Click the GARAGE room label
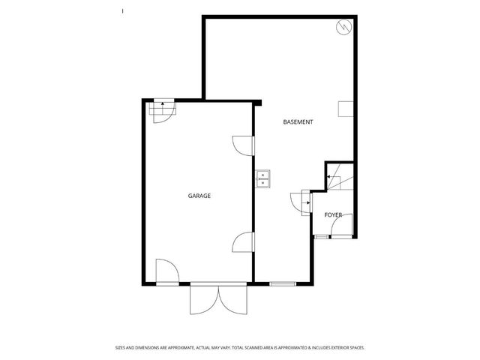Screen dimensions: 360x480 pos(199,196)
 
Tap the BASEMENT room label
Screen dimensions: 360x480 pos(298,121)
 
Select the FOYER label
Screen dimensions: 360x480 pos(333,215)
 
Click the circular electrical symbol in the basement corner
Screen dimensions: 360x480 pos(343,28)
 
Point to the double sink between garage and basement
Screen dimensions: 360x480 pos(263,178)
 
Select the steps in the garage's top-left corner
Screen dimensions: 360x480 pos(160,112)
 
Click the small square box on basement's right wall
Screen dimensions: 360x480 pos(344,109)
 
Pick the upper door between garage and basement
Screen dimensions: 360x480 pos(244,144)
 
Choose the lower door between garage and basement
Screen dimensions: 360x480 pos(244,241)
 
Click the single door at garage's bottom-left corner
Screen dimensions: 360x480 pos(166,271)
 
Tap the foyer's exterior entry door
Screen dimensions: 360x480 pos(341,226)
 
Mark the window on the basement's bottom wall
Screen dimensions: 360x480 pos(282,283)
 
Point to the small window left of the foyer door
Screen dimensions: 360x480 pos(321,237)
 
